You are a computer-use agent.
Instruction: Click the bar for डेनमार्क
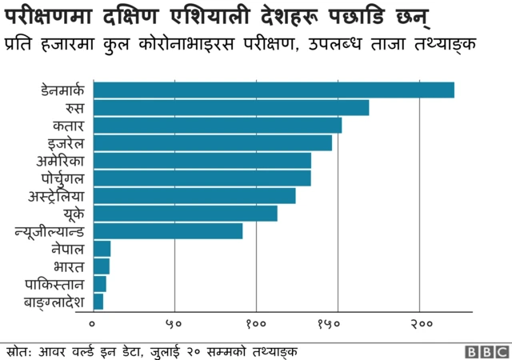[274, 90]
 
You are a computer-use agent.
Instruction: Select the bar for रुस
[231, 107]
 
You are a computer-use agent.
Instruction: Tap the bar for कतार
[218, 125]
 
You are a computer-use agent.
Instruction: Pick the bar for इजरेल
[213, 142]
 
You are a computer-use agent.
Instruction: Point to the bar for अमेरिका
[202, 160]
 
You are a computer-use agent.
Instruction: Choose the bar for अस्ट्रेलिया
[194, 195]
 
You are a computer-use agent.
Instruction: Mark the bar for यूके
[186, 213]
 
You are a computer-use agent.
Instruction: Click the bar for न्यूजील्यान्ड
[168, 230]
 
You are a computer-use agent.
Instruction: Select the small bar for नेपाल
[102, 248]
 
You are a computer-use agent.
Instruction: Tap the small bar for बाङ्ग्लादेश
[98, 301]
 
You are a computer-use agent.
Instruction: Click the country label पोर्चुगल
[62, 178]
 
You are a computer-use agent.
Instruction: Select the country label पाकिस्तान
[54, 283]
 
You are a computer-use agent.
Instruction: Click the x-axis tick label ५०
[174, 324]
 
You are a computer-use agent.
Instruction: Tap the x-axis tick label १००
[256, 324]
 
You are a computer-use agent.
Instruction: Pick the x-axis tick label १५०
[338, 324]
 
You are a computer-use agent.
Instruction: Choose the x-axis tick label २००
[420, 324]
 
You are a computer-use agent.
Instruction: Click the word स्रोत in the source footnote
[18, 351]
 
